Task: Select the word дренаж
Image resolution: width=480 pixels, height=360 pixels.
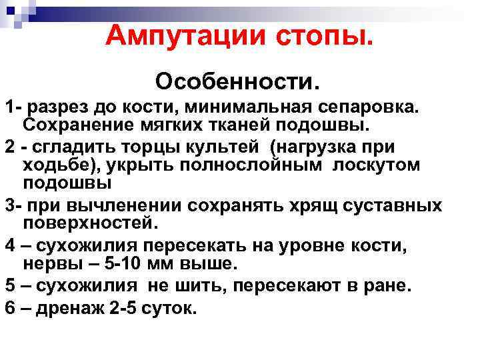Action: [x=61, y=309]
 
